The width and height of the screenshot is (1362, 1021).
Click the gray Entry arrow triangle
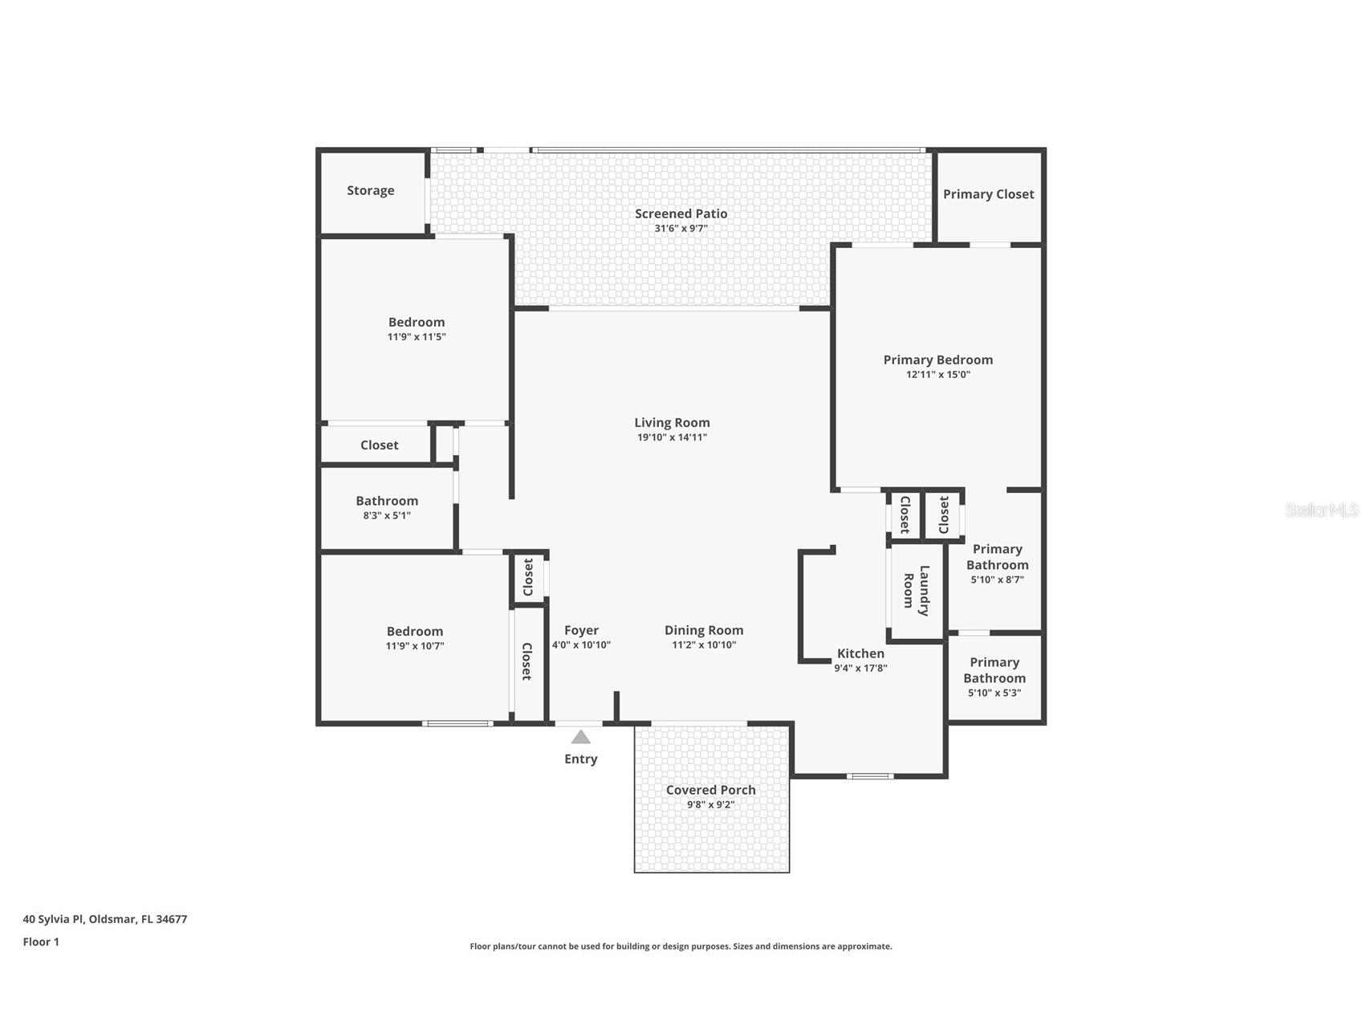tap(580, 737)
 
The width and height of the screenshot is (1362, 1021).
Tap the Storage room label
tap(370, 190)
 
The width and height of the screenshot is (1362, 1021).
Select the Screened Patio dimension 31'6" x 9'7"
tap(681, 228)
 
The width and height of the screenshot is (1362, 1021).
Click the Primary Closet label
tap(988, 194)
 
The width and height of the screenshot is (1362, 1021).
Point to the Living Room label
tap(672, 422)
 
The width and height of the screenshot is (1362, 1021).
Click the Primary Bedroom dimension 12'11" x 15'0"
tap(937, 374)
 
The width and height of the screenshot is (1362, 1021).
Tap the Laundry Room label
tap(916, 591)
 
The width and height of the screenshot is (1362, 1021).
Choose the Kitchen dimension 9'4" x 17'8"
tap(860, 668)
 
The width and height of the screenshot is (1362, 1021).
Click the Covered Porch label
tap(710, 790)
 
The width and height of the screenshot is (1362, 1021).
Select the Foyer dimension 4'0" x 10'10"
tap(581, 645)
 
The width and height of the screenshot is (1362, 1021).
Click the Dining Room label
tap(703, 630)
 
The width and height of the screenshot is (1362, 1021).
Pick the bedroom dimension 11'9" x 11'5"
tap(416, 336)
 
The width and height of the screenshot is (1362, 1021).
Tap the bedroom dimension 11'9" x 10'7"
tap(414, 645)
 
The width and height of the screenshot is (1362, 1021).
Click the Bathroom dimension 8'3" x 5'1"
tap(387, 515)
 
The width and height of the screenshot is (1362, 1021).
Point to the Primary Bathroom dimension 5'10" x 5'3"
tap(994, 693)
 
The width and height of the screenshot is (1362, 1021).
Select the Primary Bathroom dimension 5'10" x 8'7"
tap(997, 580)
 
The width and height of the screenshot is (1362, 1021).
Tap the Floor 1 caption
tap(41, 942)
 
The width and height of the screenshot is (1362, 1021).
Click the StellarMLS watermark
tap(1321, 510)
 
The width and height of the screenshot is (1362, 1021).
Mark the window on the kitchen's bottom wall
tap(870, 776)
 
